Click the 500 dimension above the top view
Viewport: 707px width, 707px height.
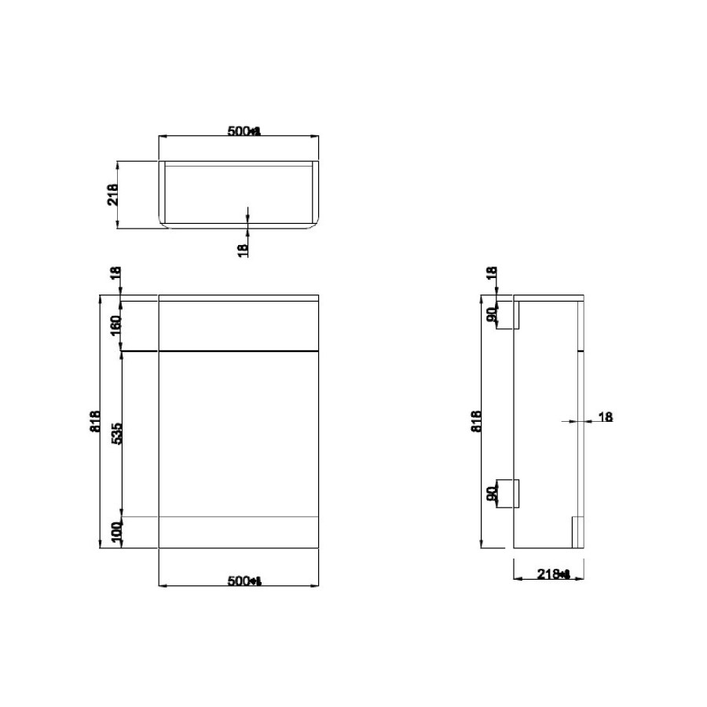(242, 130)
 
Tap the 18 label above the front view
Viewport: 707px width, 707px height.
(115, 274)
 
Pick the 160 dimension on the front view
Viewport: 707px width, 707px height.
(115, 324)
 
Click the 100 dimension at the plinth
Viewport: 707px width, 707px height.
(115, 532)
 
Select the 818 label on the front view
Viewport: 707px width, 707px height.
(95, 421)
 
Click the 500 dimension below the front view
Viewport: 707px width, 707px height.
(242, 581)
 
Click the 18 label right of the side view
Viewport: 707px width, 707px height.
(605, 417)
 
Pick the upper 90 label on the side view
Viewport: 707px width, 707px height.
(491, 315)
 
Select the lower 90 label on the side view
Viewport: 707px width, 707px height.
(491, 494)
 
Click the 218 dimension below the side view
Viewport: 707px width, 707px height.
(555, 574)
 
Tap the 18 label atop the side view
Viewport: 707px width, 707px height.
(491, 274)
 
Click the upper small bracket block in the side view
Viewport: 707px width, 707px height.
(508, 315)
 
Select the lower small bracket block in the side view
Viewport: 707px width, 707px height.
(508, 494)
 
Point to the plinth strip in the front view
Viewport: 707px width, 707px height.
(239, 532)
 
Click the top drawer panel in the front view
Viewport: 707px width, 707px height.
(239, 324)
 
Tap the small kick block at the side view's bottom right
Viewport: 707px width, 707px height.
(576, 532)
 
